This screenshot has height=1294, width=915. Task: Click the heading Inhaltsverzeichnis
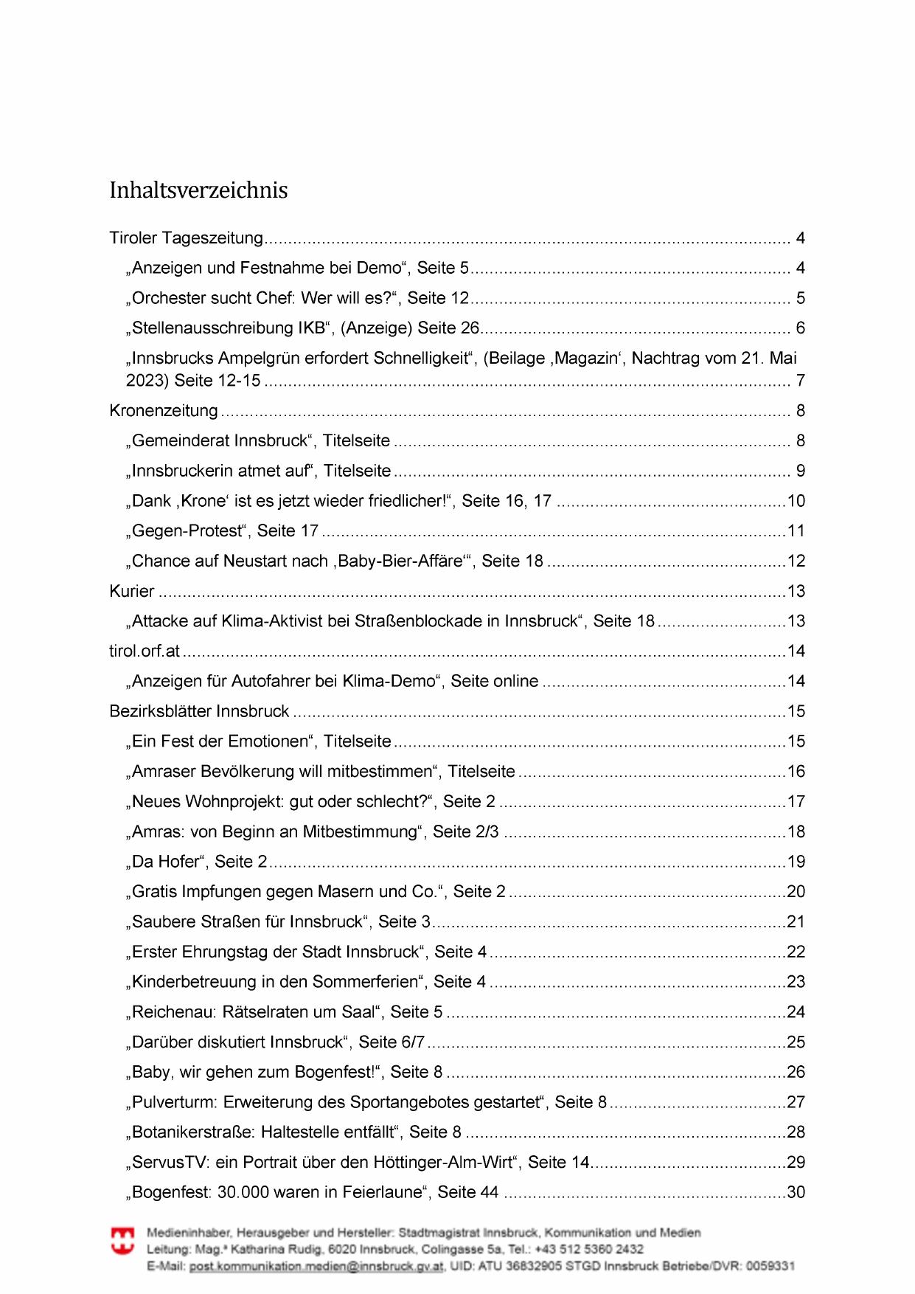(198, 190)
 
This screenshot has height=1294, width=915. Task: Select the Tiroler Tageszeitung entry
(186, 238)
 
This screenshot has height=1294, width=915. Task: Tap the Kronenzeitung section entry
(164, 411)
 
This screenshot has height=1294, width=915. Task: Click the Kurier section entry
(132, 591)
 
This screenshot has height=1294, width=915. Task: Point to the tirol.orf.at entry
(145, 651)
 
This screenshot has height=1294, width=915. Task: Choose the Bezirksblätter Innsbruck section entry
(199, 711)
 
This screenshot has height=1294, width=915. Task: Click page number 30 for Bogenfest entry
(796, 1192)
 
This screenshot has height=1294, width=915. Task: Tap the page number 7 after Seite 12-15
(800, 381)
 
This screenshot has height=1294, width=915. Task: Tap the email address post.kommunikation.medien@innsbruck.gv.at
(316, 1266)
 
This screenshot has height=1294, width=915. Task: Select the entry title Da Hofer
(166, 862)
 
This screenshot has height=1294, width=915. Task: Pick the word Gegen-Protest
(187, 531)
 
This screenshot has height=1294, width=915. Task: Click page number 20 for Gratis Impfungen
(796, 892)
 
